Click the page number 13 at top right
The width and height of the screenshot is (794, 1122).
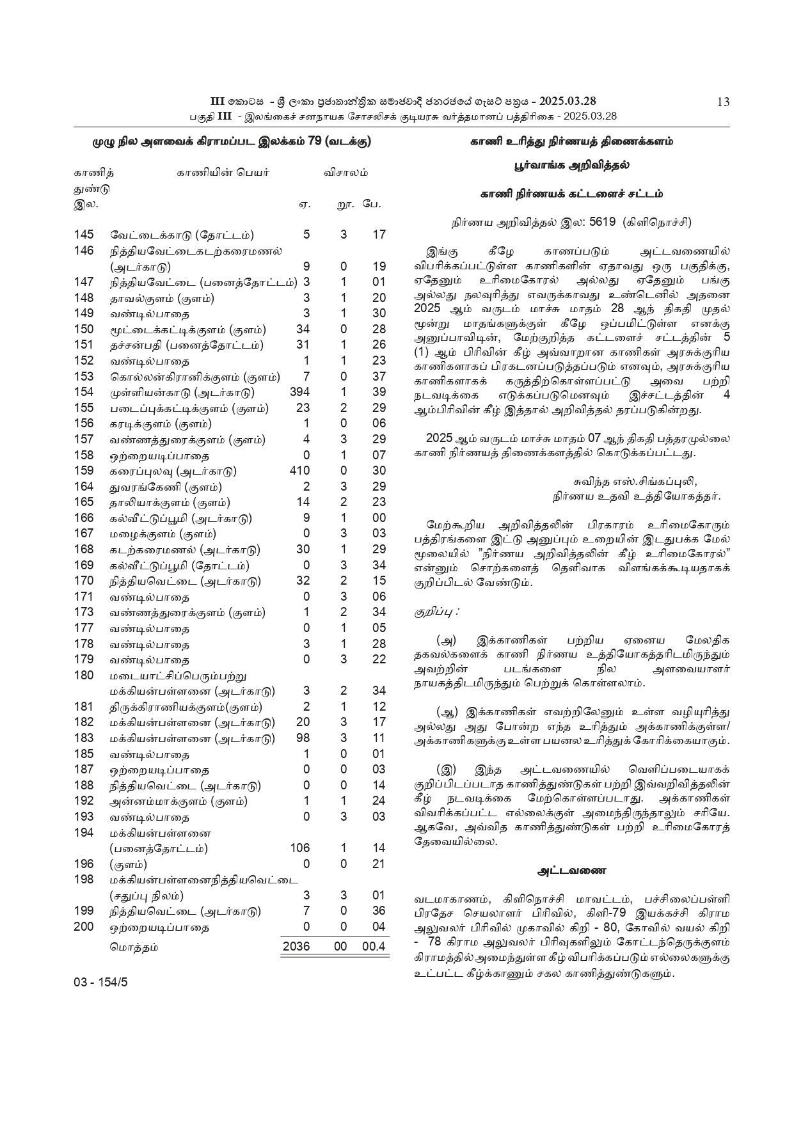click(x=723, y=102)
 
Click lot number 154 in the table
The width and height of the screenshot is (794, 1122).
click(x=84, y=392)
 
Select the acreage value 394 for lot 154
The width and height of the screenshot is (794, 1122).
click(x=299, y=392)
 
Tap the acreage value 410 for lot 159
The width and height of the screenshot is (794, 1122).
click(x=299, y=471)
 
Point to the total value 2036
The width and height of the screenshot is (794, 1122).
click(x=296, y=946)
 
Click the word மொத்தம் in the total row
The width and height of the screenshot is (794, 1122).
click(x=134, y=947)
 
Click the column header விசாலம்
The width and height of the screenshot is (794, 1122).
click(x=345, y=173)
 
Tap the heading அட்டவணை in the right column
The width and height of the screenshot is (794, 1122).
click(x=571, y=870)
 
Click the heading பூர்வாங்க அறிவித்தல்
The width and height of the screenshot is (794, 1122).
click(x=571, y=165)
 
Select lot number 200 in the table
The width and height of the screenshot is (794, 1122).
click(x=84, y=926)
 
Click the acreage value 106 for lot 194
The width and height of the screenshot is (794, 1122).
click(x=299, y=848)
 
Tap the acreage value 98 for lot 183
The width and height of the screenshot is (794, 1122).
click(x=303, y=738)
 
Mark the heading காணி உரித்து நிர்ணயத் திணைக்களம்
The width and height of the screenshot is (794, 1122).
click(x=571, y=141)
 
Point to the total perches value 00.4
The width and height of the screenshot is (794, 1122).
click(x=374, y=946)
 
